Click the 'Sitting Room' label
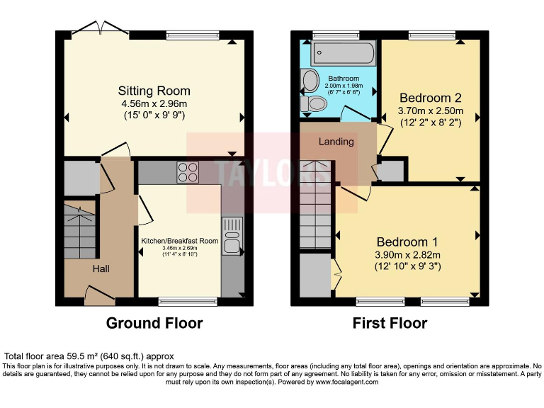click(x=154, y=91)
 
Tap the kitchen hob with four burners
click(x=187, y=172)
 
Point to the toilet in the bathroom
click(x=314, y=105)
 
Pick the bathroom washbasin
click(x=310, y=81)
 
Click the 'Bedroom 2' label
click(x=430, y=98)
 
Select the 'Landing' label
click(x=336, y=142)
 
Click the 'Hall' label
click(x=100, y=269)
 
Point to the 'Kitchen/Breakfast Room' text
click(x=179, y=241)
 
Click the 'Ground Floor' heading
click(x=154, y=324)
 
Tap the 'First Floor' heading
click(x=390, y=324)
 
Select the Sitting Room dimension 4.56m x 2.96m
click(x=154, y=103)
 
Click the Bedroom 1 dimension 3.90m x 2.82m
click(x=407, y=255)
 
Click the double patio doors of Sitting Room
click(x=100, y=28)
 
